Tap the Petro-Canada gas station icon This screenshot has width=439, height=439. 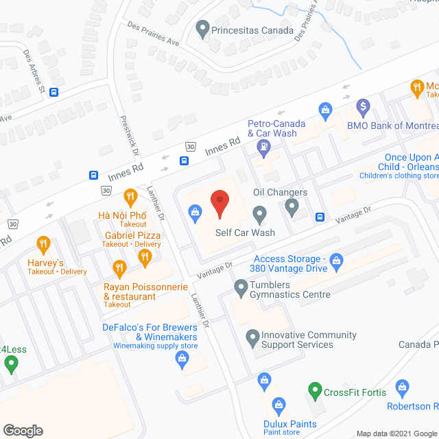[x=263, y=146]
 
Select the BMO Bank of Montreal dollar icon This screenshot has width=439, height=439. [x=363, y=107]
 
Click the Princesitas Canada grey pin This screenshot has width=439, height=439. [x=202, y=29]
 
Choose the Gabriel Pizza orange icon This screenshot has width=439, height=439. [x=145, y=257]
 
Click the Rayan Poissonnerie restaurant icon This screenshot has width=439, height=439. [x=119, y=268]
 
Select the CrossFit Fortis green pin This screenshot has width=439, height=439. [x=315, y=392]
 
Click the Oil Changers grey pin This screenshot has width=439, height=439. [x=292, y=206]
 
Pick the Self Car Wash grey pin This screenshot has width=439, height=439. [x=259, y=215]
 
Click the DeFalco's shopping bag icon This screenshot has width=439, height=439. [x=182, y=361]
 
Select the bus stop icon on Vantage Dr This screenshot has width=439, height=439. [x=320, y=217]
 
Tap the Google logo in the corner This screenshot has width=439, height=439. [x=23, y=430]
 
